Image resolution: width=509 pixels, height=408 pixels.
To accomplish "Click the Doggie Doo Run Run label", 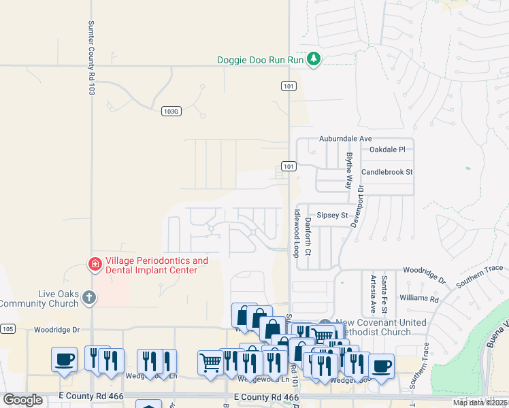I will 259,60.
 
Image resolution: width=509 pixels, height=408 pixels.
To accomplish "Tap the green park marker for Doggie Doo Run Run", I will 314,60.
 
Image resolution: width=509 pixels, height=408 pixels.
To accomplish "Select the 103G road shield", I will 172,111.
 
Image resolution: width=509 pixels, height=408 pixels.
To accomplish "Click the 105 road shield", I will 7,329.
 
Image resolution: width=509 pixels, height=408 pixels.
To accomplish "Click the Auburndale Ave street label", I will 346,139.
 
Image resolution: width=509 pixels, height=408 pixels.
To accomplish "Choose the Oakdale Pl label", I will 387,149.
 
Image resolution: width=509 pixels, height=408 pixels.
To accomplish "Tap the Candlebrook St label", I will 387,172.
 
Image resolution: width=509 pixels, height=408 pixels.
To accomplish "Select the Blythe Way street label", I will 349,171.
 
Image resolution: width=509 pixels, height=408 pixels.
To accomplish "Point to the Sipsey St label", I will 334,215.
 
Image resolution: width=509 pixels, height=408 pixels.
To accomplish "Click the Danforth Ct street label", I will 308,232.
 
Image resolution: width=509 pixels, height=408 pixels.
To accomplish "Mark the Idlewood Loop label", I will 296,232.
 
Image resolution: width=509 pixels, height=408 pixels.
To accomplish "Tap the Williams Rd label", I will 419,298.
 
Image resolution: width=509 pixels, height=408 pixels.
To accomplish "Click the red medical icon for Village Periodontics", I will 96,263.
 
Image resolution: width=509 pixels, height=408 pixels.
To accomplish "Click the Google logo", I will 22,400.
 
